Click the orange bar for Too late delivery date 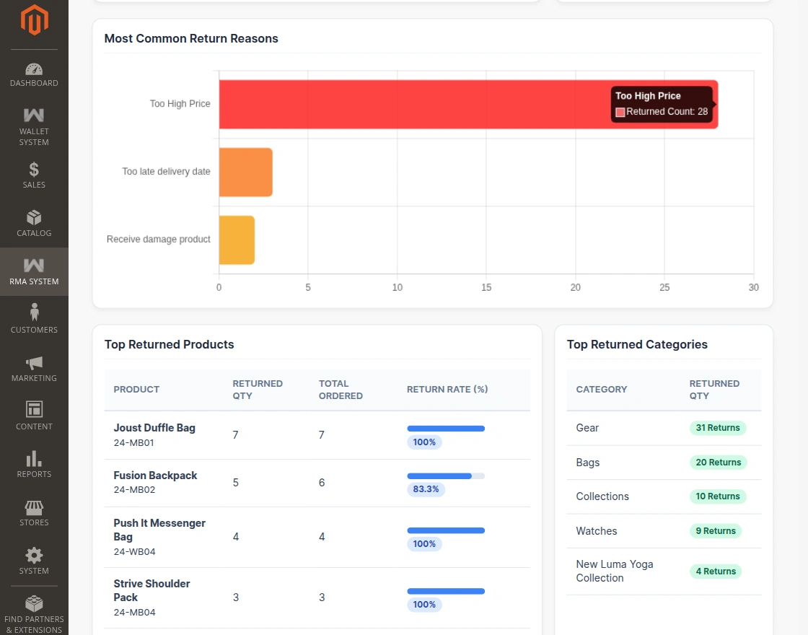tap(246, 172)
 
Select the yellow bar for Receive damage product tap(237, 240)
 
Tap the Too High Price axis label tap(180, 104)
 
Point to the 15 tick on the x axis tap(486, 288)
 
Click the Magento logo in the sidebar tap(34, 19)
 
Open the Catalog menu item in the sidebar tap(34, 224)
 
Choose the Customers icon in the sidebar tap(34, 312)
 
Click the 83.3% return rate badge tap(426, 489)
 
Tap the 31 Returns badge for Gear tap(718, 428)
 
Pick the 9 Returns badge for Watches tap(716, 531)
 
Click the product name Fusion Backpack tap(155, 476)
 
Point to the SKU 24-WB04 tap(134, 551)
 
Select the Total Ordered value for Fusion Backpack tap(322, 483)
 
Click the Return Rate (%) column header tap(447, 390)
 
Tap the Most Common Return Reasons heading tap(191, 39)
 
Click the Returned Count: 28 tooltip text tap(667, 112)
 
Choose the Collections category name tap(602, 496)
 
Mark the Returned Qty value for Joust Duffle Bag tap(235, 435)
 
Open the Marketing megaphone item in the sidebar tap(34, 369)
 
